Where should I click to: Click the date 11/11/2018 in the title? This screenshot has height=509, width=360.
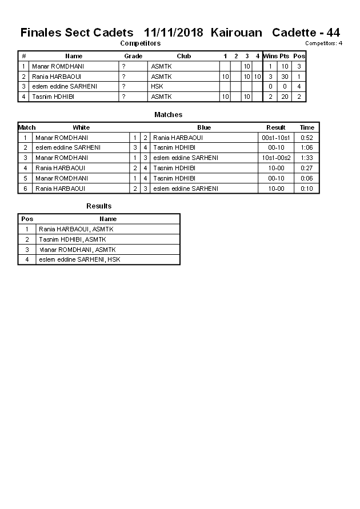coord(175,33)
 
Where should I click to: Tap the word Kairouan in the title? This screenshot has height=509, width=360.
coord(236,33)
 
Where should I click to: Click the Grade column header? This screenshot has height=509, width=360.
coord(133,56)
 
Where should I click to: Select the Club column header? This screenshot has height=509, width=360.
coord(183,56)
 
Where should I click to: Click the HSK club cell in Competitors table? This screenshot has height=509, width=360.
coord(157,86)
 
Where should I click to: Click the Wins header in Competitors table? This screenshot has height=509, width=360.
coord(270,56)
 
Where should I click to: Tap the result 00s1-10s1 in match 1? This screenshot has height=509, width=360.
coord(276,138)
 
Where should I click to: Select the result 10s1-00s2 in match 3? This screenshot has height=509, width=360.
coord(276,158)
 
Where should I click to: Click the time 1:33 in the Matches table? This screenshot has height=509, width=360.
coord(307,158)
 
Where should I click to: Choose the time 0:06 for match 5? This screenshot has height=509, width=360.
coord(307,178)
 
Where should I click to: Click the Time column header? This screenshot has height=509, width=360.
coord(307,127)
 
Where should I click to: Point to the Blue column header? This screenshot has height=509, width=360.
coord(204,127)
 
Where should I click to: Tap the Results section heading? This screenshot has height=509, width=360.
coord(99,206)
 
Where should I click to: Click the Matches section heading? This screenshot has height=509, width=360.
coord(168,115)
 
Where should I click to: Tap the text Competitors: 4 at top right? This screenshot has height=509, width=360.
coord(323,43)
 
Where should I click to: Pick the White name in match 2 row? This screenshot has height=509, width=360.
coord(68,147)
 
